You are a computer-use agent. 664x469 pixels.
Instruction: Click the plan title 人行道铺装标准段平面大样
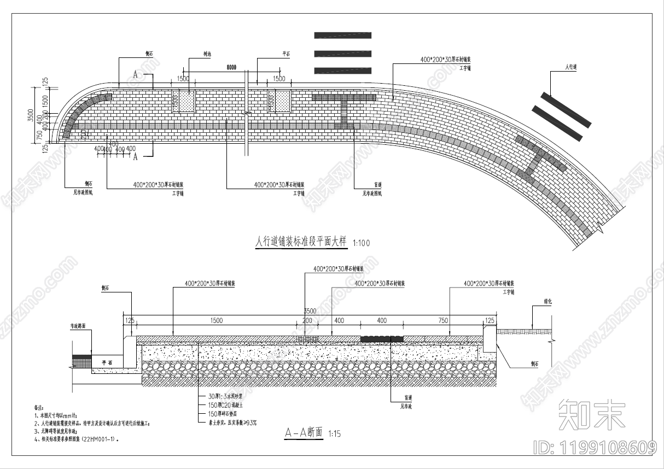[x=301, y=242]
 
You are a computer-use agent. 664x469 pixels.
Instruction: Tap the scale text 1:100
[x=362, y=243]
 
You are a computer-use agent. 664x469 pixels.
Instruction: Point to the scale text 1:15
[x=334, y=434]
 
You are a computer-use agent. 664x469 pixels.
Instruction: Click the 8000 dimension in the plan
[x=231, y=67]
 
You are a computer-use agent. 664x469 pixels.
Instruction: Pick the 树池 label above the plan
[x=192, y=55]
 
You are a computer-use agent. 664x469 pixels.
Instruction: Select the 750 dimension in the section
[x=443, y=320]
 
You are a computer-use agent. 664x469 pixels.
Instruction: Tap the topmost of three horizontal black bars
[x=343, y=35]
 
